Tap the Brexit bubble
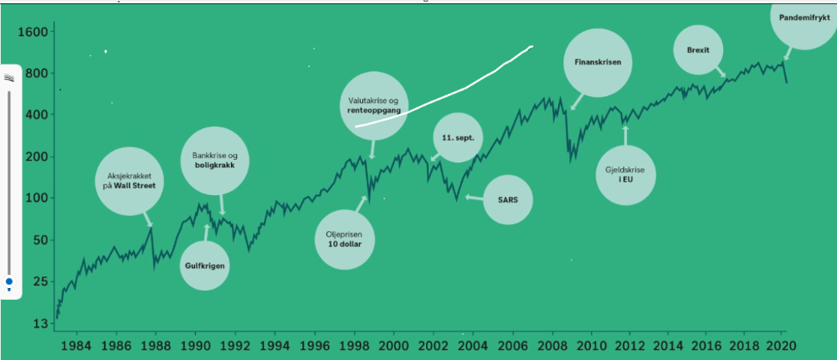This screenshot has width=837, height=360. click(x=698, y=50)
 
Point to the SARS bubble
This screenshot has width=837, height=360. click(x=508, y=200)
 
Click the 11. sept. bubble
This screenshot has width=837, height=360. click(x=458, y=137)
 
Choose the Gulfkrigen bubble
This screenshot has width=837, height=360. click(x=205, y=265)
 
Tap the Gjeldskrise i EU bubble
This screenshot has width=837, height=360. click(x=625, y=175)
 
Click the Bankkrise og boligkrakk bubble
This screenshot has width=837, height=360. click(x=216, y=161)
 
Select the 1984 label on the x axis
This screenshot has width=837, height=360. click(x=76, y=346)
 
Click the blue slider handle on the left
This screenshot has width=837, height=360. click(x=9, y=283)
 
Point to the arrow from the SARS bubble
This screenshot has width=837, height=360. click(x=473, y=198)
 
